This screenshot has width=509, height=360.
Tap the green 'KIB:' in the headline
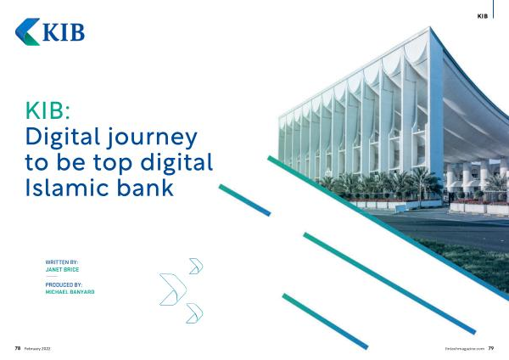(x=48, y=110)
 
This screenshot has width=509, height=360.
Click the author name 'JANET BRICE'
(x=62, y=269)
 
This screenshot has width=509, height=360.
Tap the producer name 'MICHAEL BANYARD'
(x=70, y=292)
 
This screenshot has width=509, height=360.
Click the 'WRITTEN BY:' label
(x=62, y=262)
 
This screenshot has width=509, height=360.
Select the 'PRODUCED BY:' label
(x=64, y=284)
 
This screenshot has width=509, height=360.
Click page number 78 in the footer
(x=18, y=348)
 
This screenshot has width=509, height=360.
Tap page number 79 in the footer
(x=491, y=348)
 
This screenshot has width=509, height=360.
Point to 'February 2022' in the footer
(x=37, y=349)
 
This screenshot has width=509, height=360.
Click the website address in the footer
(x=465, y=349)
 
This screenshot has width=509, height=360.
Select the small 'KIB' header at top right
(x=483, y=16)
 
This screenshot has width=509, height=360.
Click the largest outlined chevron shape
(x=178, y=289)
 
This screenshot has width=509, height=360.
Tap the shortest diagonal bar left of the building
(x=245, y=200)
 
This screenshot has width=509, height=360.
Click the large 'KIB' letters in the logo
(x=64, y=32)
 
